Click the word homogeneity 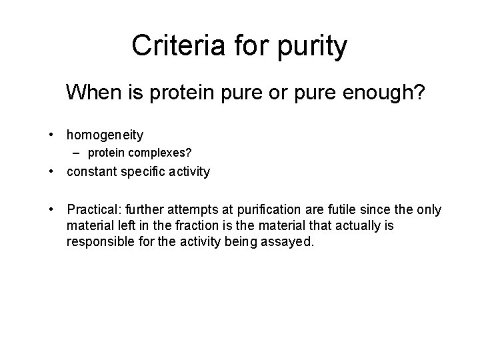point(105,135)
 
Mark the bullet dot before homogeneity point(51,135)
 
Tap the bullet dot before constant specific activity point(51,172)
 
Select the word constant point(91,172)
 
